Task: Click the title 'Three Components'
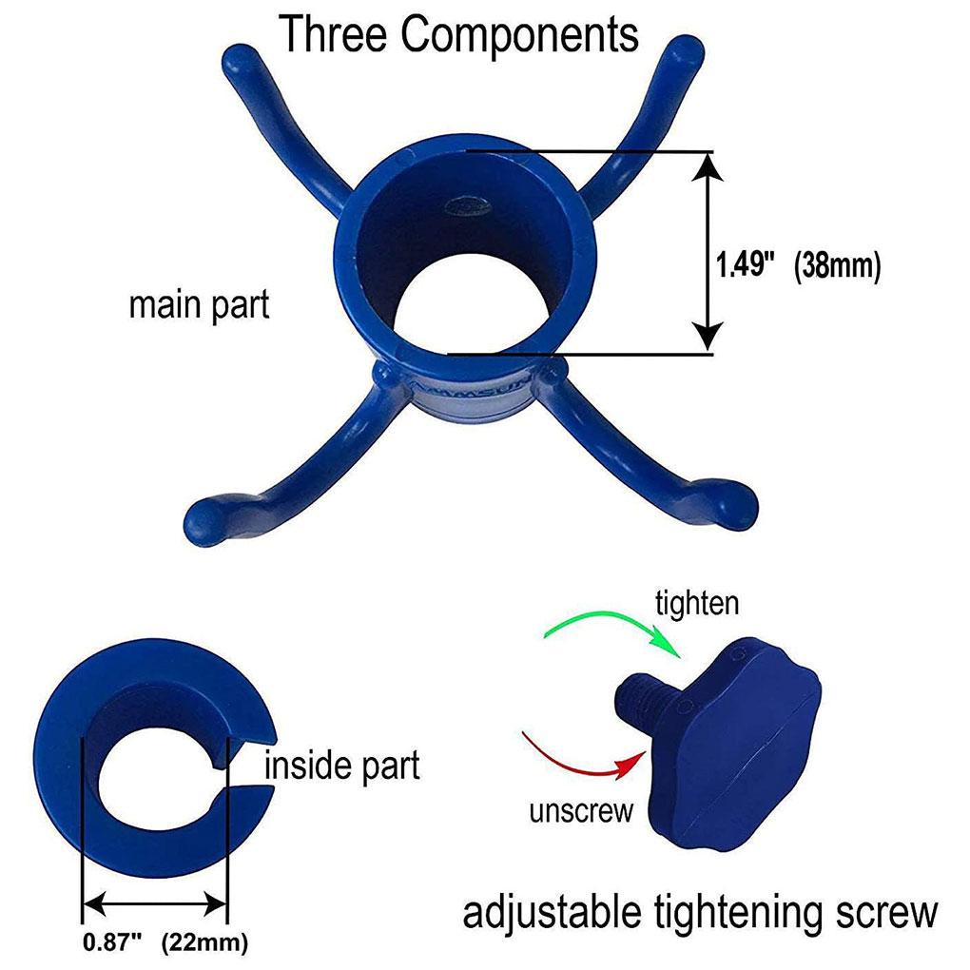(x=458, y=35)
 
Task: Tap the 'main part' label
(x=199, y=305)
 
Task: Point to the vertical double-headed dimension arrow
(x=705, y=252)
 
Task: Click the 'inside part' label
(x=341, y=766)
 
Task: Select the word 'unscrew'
(x=580, y=810)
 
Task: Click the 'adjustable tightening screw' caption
(x=699, y=914)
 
